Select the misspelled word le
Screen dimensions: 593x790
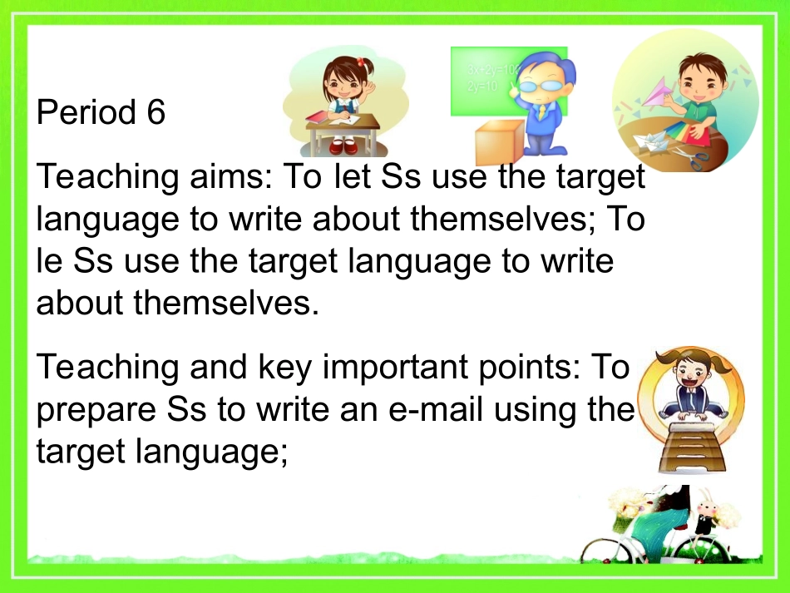(x=49, y=260)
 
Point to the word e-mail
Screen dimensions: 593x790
(x=447, y=410)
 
